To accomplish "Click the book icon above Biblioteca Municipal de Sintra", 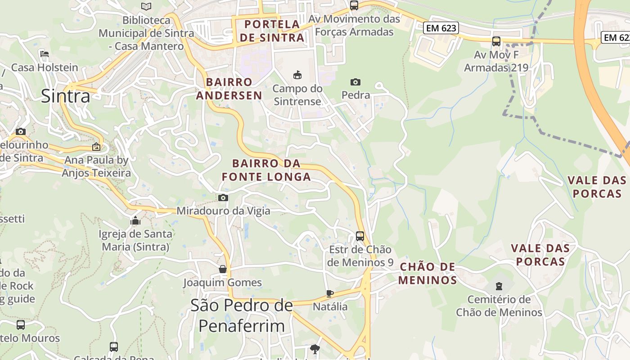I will (146, 6).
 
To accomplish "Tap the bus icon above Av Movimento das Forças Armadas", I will (354, 5).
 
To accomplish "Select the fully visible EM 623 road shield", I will (441, 28).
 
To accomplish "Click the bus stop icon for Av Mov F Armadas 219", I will (496, 41).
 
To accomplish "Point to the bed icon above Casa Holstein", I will (44, 54).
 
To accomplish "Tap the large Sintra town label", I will (66, 96).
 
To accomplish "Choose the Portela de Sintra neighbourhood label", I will (272, 31).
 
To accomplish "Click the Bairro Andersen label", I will (229, 89).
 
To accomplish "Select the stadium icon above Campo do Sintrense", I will (297, 74).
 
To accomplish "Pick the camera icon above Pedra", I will (355, 82).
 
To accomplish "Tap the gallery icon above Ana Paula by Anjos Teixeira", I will (96, 147).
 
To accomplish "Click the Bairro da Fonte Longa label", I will (266, 170).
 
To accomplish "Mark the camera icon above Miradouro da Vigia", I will (223, 198).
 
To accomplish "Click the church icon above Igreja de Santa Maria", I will (135, 220).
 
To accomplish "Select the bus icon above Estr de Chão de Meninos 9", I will (360, 236).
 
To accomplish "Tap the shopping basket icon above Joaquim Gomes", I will (222, 269).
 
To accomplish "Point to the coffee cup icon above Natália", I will (330, 293).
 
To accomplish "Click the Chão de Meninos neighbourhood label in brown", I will (427, 274).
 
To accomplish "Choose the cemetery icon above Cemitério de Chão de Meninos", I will (499, 286).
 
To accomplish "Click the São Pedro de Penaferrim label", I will (242, 315).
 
